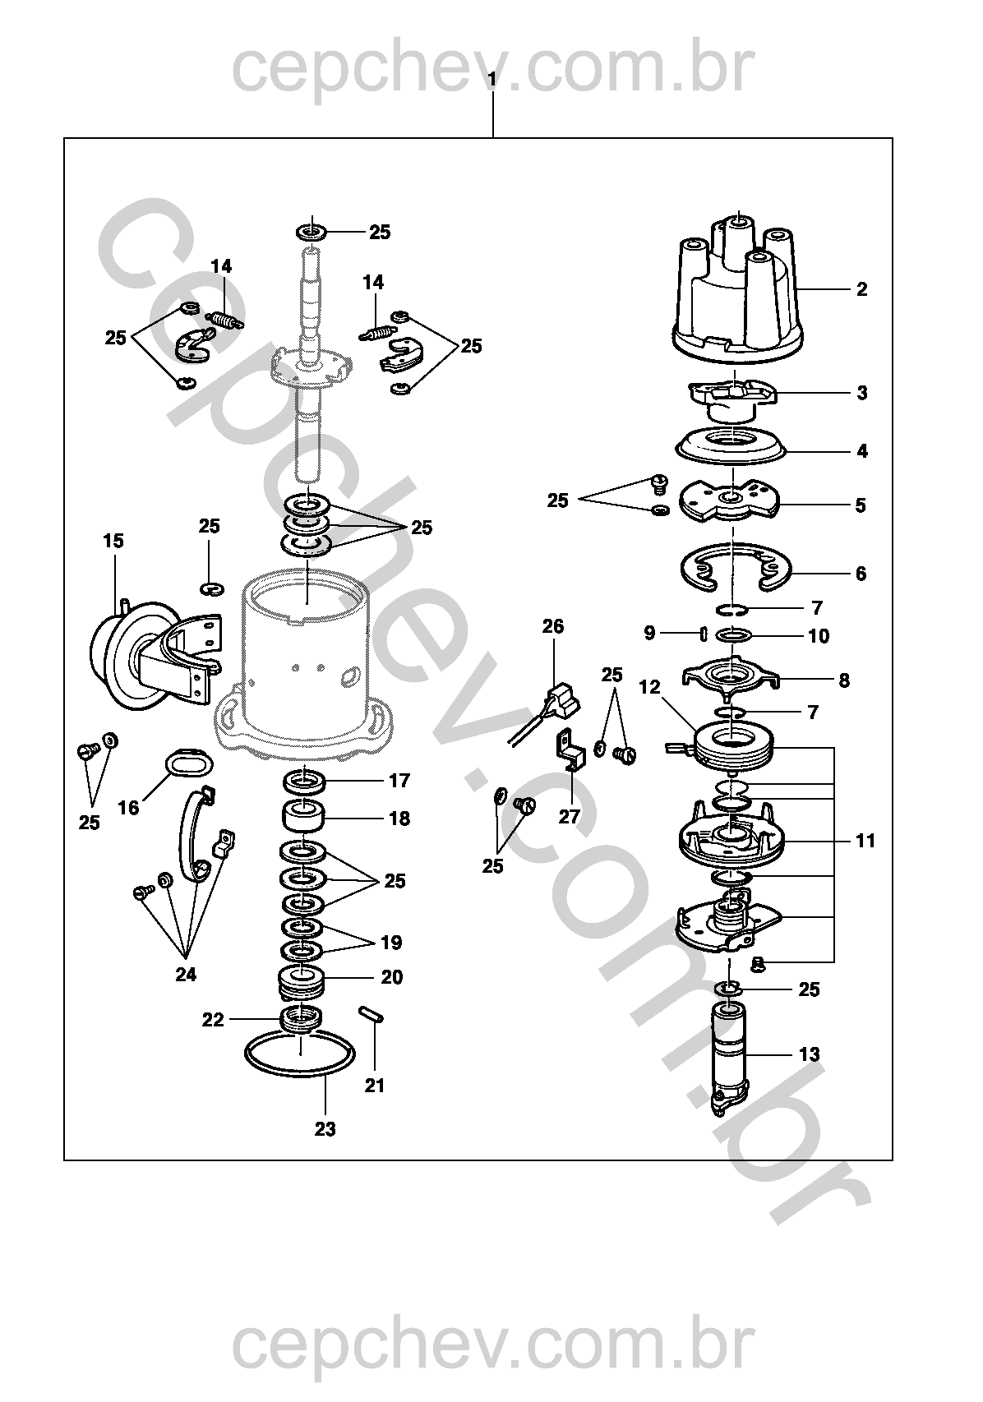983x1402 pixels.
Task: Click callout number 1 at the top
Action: tap(491, 79)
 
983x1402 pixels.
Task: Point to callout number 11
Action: tap(865, 841)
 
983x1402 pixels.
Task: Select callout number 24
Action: tap(186, 974)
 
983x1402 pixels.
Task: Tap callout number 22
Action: tap(213, 1020)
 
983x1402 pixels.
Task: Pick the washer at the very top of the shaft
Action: tap(311, 232)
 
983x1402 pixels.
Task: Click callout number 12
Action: tap(650, 686)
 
